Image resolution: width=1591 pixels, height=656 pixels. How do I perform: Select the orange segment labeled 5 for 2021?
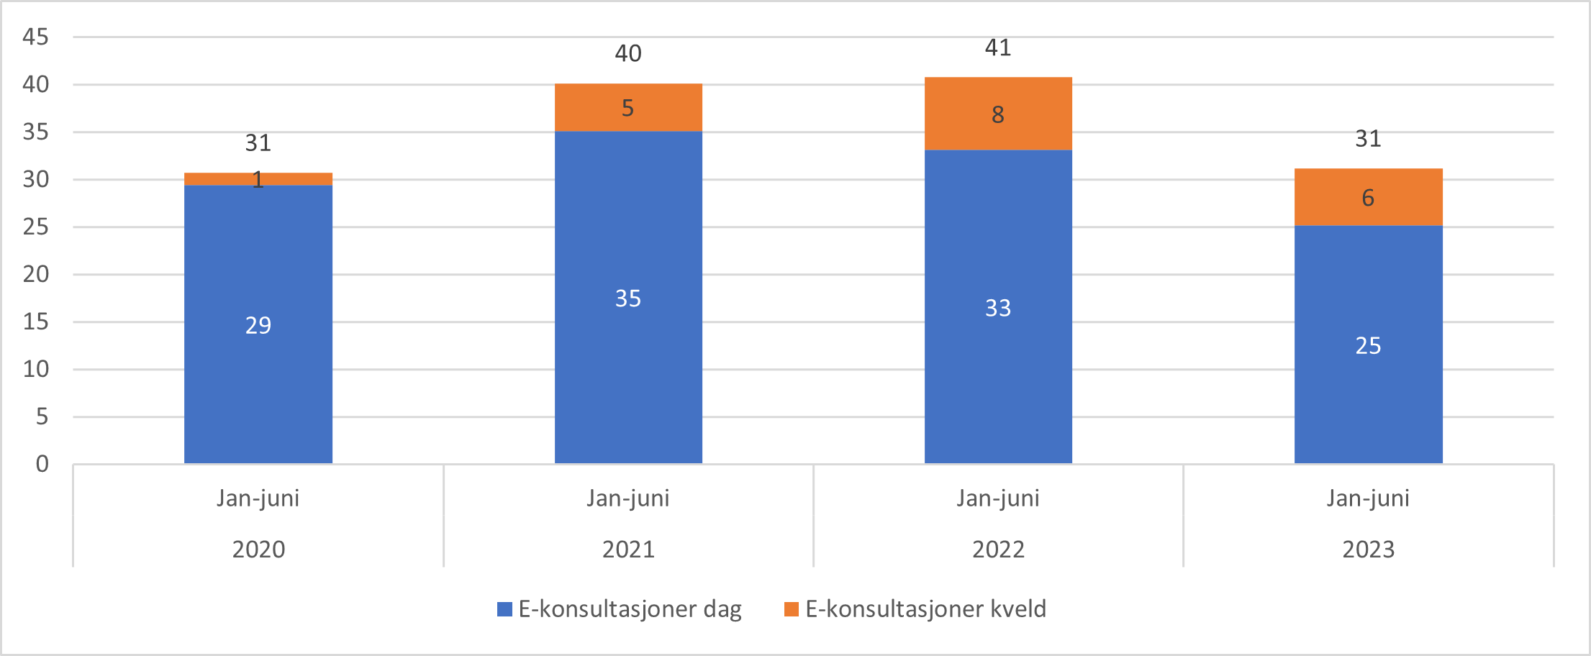tap(627, 108)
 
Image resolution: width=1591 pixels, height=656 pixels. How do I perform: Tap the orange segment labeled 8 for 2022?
tap(997, 114)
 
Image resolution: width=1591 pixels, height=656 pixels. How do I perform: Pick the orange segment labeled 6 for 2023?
tap(1367, 198)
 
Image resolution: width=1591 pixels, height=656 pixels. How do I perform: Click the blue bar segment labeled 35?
tap(627, 298)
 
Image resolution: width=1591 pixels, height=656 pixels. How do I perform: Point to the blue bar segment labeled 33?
tap(997, 307)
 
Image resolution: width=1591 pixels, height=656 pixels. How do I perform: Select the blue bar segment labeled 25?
tap(1367, 345)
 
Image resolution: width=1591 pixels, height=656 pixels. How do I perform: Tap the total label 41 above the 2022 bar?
tap(997, 48)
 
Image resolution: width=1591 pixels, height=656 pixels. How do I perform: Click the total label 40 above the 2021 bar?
tap(627, 53)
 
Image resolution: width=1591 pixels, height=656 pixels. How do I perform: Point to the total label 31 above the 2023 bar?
tap(1367, 139)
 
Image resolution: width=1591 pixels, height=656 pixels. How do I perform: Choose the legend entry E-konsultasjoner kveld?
tap(915, 609)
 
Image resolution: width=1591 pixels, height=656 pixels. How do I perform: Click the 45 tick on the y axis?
tap(35, 37)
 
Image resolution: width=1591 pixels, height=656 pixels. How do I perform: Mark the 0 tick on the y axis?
tap(42, 464)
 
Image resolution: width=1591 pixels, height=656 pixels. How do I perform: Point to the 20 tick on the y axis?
tap(35, 274)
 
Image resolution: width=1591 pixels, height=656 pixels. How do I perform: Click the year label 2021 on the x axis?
tap(627, 550)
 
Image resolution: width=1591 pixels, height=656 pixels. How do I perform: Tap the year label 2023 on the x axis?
tap(1367, 550)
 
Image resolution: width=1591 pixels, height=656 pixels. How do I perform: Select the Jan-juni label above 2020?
tap(258, 498)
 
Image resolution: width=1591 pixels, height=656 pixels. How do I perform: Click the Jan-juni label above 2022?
tap(997, 498)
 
